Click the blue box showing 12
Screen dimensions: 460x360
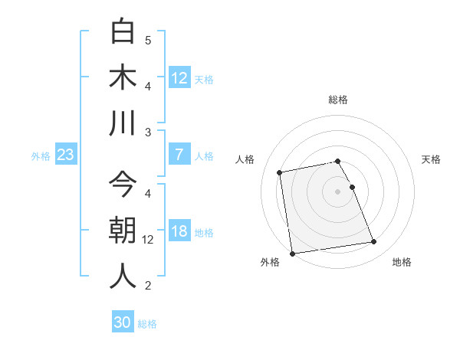click(x=179, y=77)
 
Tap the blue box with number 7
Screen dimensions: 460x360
click(x=179, y=155)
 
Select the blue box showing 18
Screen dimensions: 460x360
click(x=179, y=232)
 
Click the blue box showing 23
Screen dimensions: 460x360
click(x=66, y=155)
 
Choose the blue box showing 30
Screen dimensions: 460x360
click(x=123, y=322)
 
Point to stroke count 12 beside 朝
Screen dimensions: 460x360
click(x=148, y=239)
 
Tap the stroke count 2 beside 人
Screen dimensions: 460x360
click(x=148, y=286)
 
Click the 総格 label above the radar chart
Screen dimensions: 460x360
click(x=338, y=100)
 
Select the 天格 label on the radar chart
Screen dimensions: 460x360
click(x=432, y=159)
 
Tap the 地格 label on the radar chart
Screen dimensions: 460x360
click(x=402, y=262)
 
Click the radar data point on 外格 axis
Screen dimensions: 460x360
click(x=292, y=253)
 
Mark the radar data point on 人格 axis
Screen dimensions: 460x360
click(x=280, y=172)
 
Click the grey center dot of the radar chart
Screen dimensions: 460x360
click(x=338, y=191)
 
